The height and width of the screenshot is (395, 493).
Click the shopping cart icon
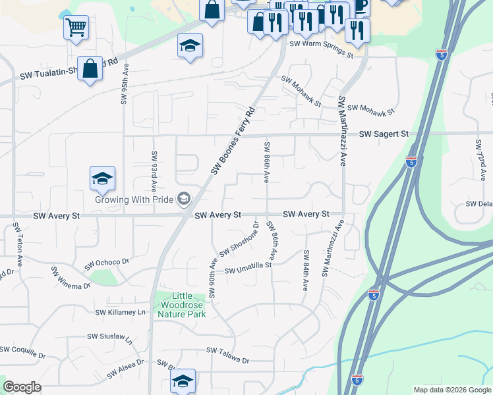pyautogui.click(x=76, y=28)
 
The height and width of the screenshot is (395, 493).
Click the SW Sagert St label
pyautogui.click(x=384, y=134)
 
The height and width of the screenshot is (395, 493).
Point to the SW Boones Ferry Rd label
pyautogui.click(x=233, y=141)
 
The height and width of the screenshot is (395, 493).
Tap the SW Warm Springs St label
pyautogui.click(x=323, y=49)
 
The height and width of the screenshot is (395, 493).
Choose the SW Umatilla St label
pyautogui.click(x=248, y=268)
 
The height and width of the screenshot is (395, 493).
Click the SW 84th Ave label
pyautogui.click(x=306, y=270)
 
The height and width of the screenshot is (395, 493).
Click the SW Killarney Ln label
pyautogui.click(x=119, y=312)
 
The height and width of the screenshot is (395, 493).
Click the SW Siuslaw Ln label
pyautogui.click(x=110, y=338)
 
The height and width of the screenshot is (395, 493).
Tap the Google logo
pyautogui.click(x=22, y=387)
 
